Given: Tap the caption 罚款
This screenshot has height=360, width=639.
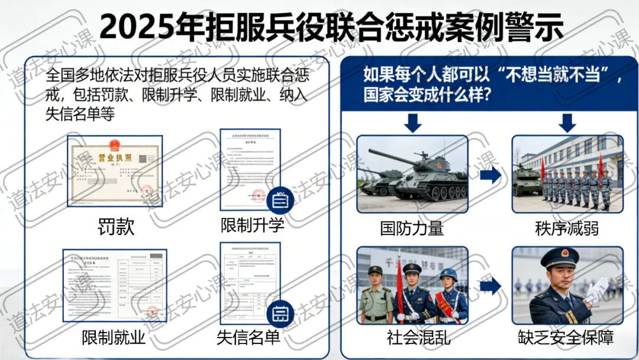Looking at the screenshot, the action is [x=116, y=227].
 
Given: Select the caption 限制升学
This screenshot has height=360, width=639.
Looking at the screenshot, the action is [x=253, y=225].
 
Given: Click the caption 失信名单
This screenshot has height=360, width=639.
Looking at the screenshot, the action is [x=248, y=337].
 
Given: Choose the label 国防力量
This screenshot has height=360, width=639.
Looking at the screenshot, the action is [x=412, y=228].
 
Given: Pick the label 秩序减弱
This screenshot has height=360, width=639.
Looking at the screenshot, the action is [x=567, y=228].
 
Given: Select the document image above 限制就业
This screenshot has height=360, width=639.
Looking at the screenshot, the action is [x=115, y=285].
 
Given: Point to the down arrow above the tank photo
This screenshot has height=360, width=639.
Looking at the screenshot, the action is [x=412, y=123].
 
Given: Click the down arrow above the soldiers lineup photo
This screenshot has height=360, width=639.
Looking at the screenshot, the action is [x=567, y=123].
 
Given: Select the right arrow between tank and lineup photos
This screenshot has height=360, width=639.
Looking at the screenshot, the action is [x=490, y=175].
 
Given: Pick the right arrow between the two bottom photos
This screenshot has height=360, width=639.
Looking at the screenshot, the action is [x=490, y=287].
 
